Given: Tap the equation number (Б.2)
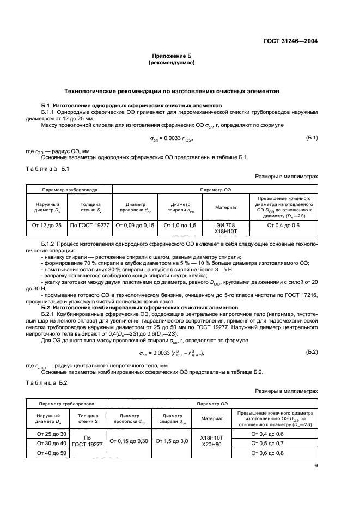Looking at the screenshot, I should click(x=312, y=352).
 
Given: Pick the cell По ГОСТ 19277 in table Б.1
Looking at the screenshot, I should click(x=90, y=224).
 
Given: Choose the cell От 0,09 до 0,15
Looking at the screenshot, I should click(x=134, y=224).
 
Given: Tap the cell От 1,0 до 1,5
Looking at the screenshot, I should click(x=179, y=224).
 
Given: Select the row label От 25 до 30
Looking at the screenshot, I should click(x=51, y=434).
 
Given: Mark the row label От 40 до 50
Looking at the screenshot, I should click(x=51, y=453).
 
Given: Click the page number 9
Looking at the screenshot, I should click(x=315, y=466).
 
